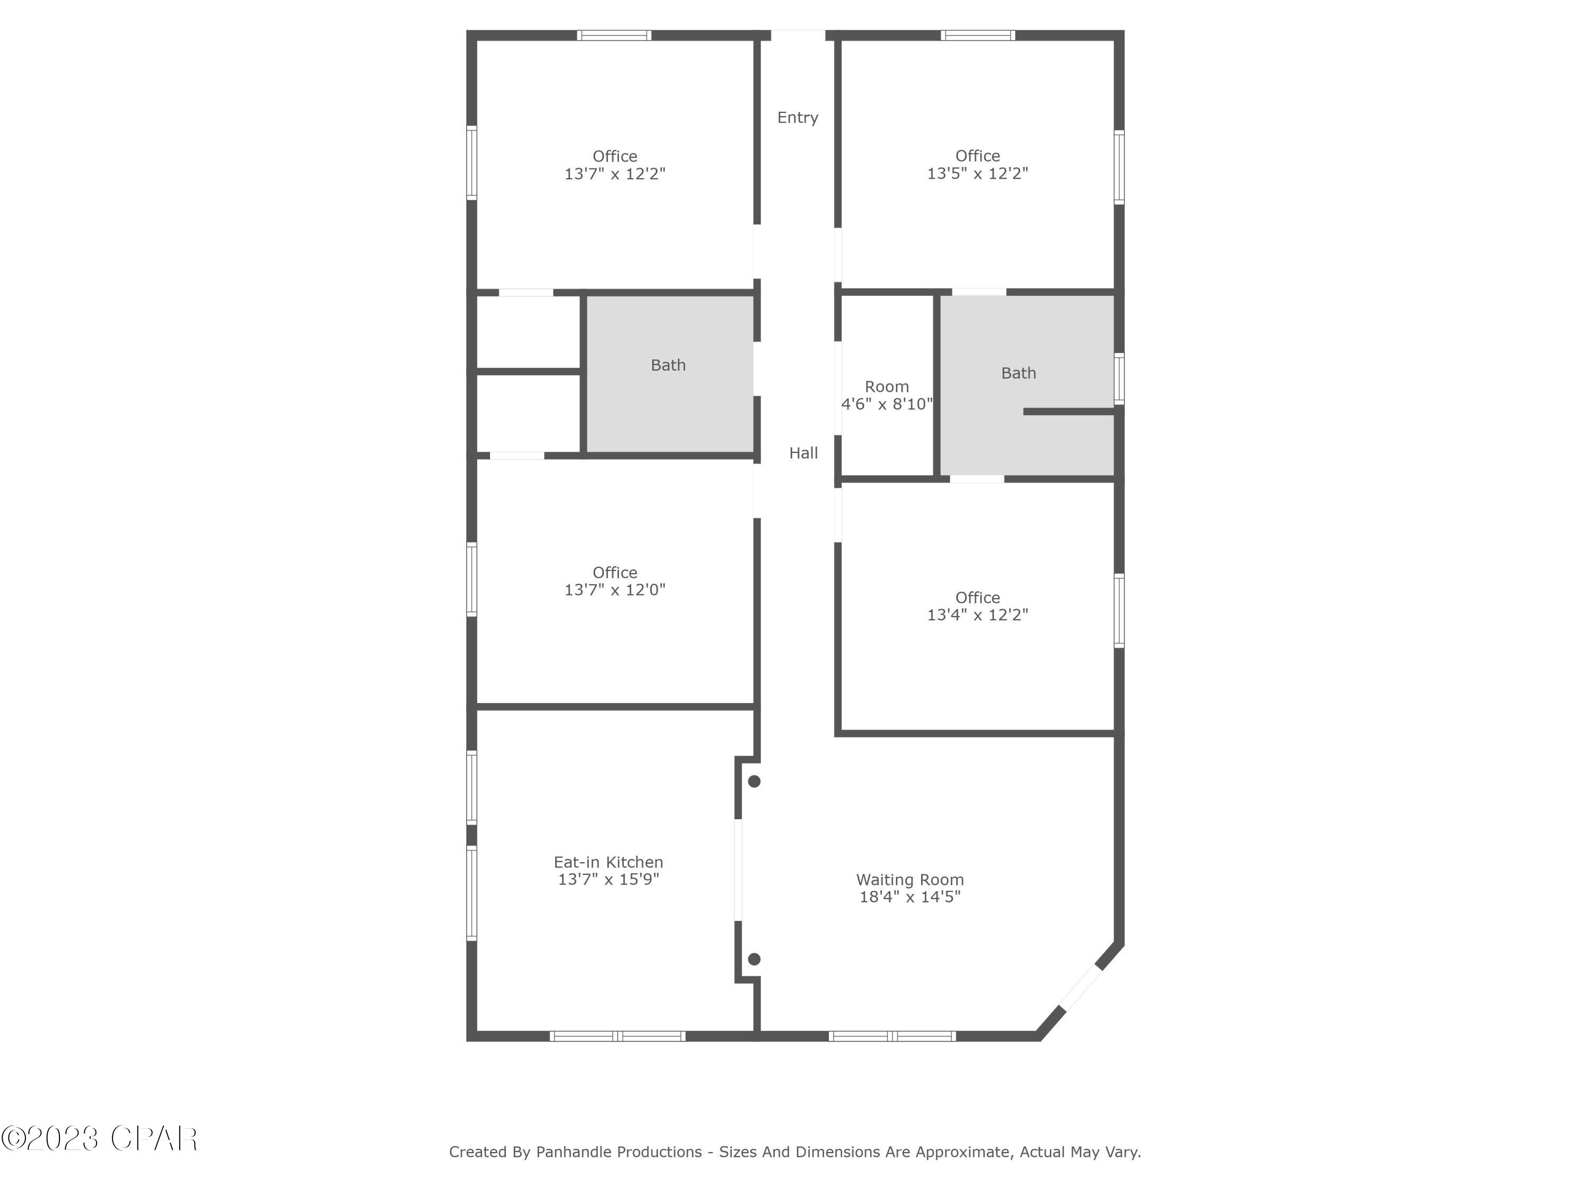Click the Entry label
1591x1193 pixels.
pos(797,117)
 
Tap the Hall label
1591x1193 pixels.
pos(803,452)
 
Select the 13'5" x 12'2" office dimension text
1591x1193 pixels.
pos(977,173)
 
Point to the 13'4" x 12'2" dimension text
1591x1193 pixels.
pos(977,615)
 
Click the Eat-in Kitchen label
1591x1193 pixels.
pos(608,862)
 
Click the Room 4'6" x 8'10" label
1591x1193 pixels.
pos(886,396)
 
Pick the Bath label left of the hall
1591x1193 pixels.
pos(668,365)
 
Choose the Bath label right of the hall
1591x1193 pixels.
pos(1018,373)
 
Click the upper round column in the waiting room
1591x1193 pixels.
pos(754,781)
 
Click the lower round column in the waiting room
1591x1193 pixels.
pos(754,959)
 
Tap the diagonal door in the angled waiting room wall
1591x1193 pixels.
pos(1081,988)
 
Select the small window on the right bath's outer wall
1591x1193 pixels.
pos(1118,378)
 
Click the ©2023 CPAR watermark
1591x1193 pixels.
pos(99,1138)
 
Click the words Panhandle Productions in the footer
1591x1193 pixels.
pos(618,1152)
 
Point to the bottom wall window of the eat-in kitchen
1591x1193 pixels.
pos(617,1036)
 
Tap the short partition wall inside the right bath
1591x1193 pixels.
pos(1069,411)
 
